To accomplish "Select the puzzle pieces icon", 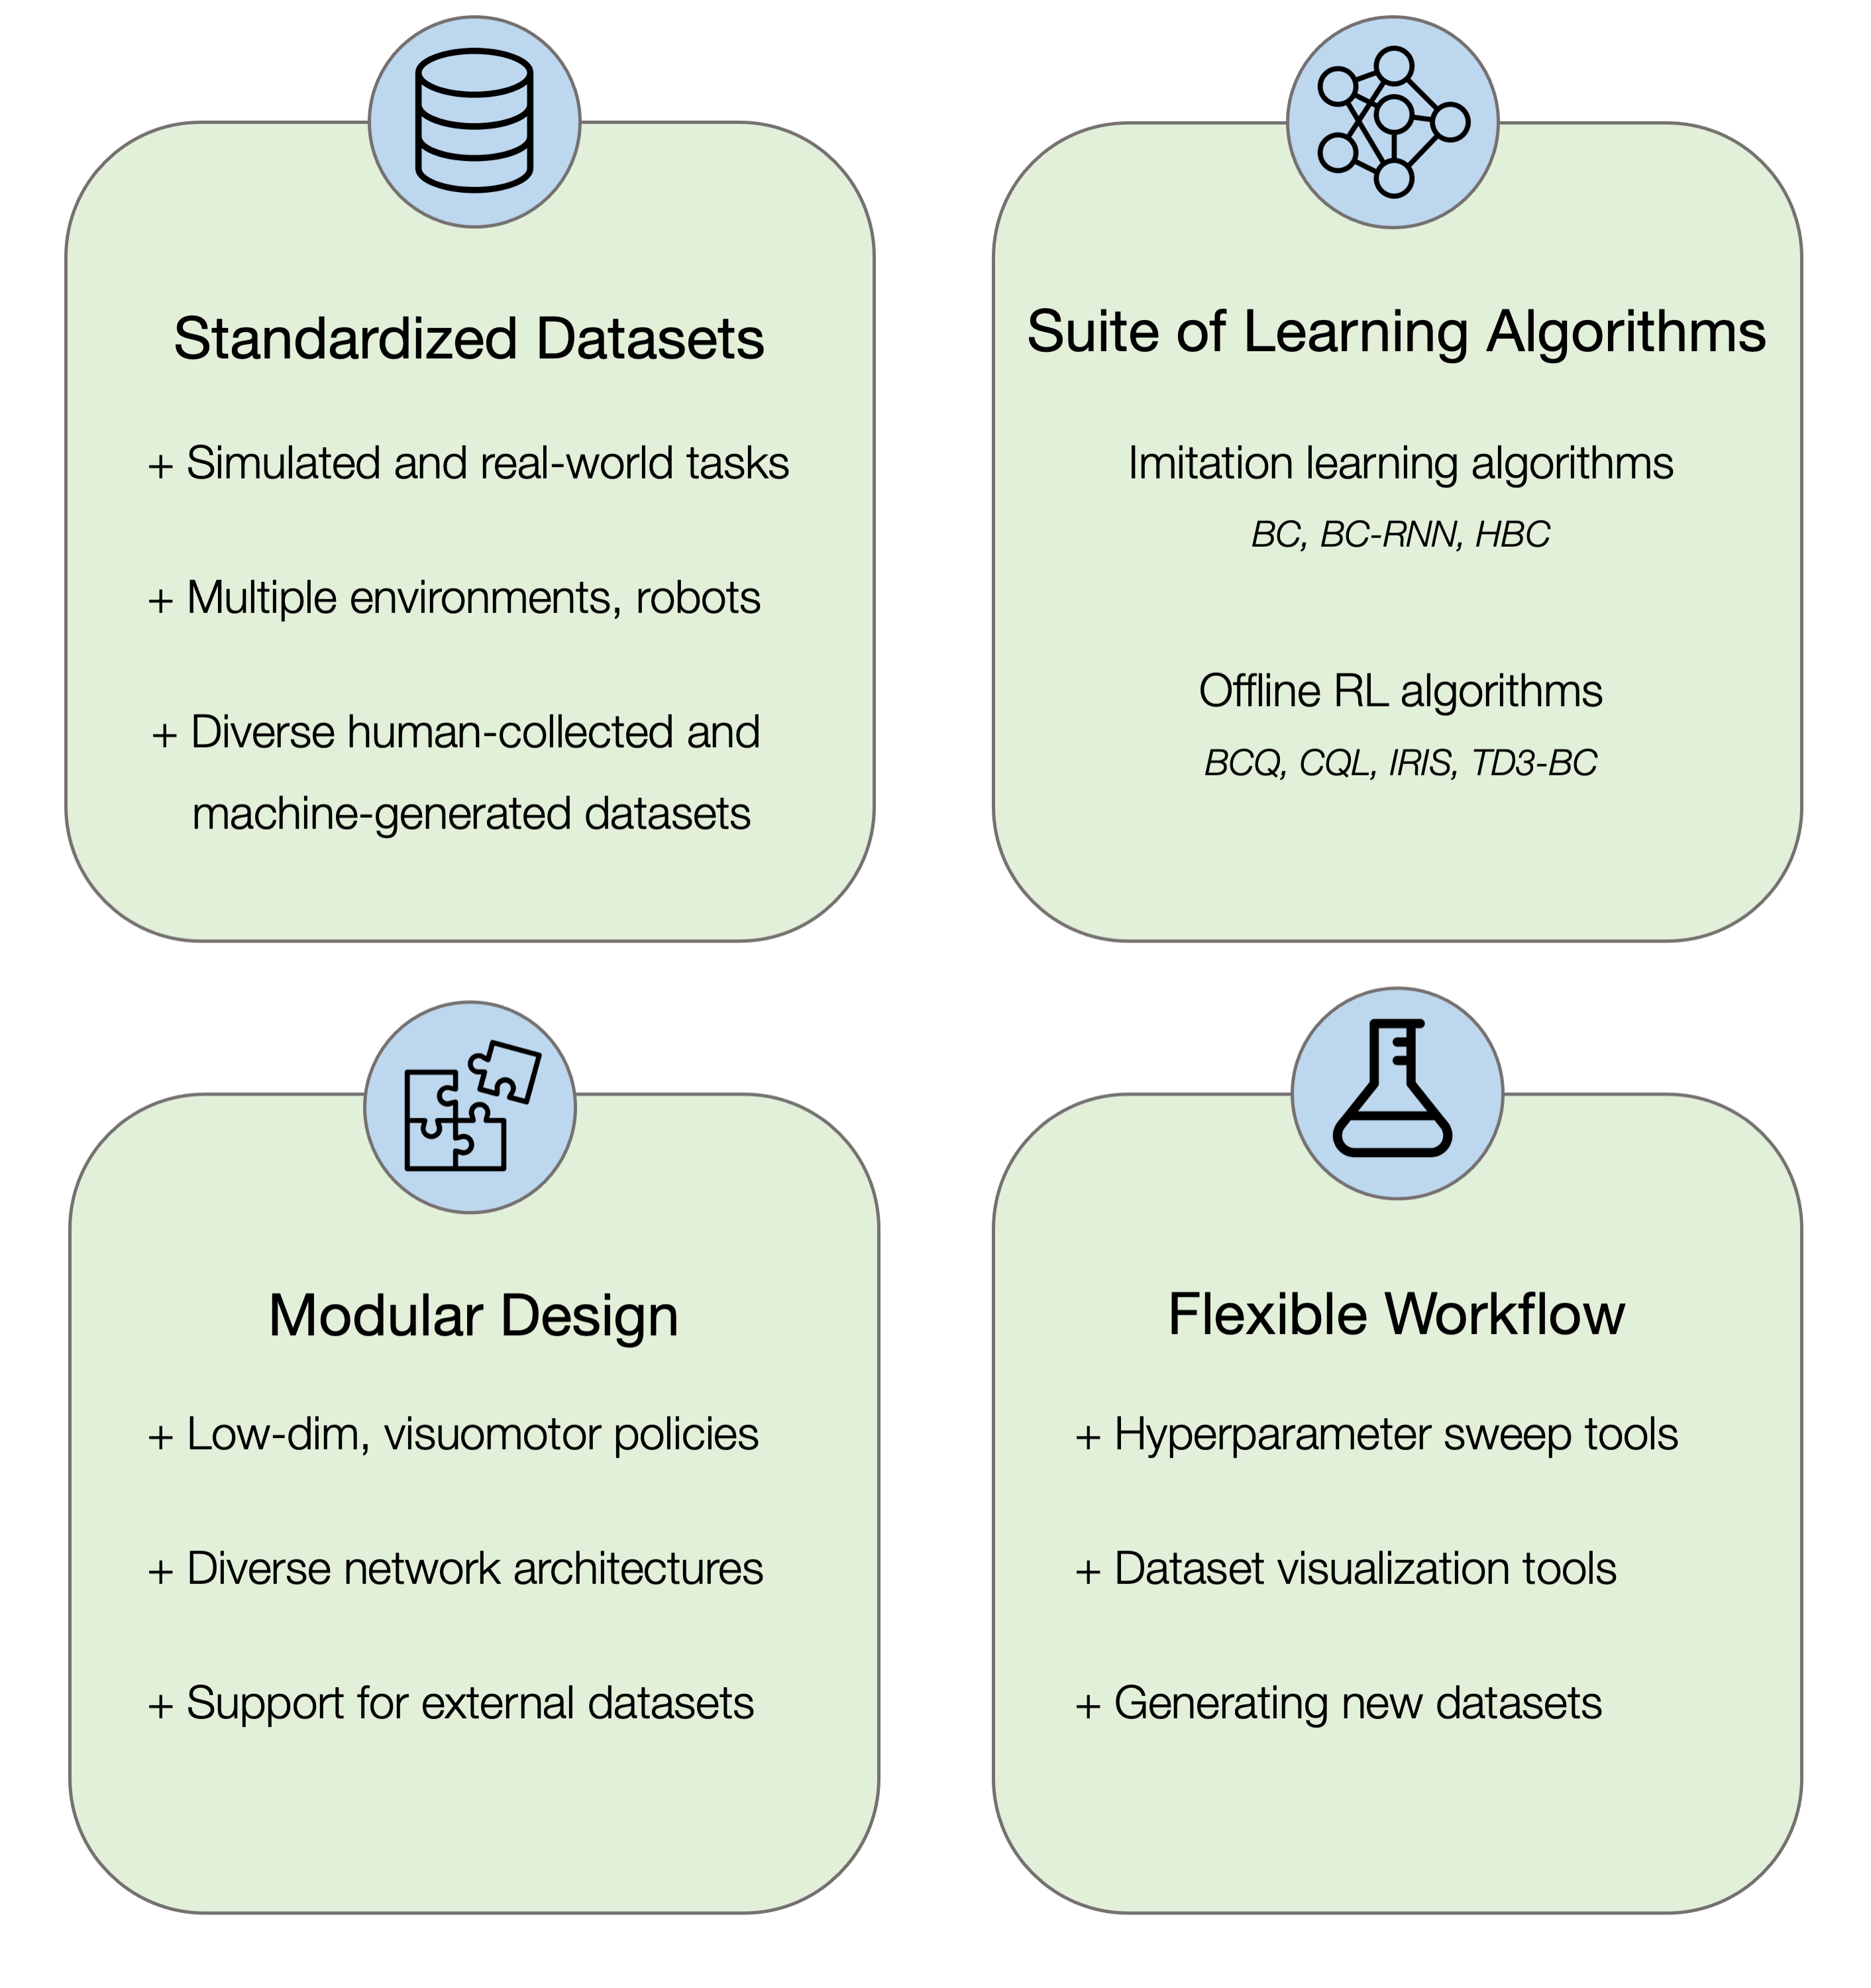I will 470,1107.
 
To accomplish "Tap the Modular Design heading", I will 473,1315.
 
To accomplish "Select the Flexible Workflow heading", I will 1396,1313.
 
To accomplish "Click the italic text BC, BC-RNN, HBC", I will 1400,535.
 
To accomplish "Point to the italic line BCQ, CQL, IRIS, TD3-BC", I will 1400,763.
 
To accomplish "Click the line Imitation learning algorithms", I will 1400,463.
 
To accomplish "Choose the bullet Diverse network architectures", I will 456,1568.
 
